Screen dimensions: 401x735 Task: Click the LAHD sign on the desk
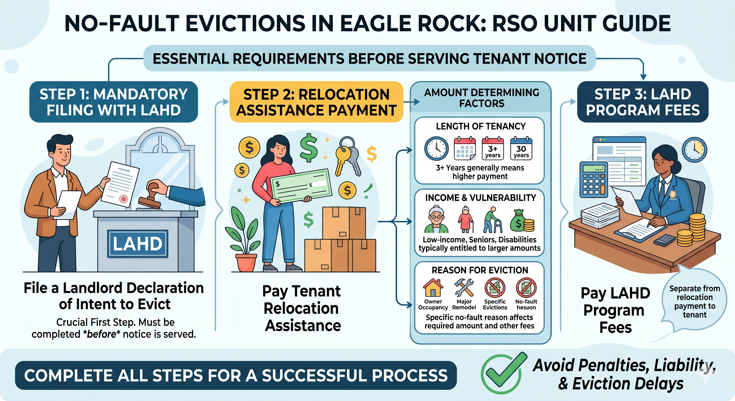pyautogui.click(x=138, y=244)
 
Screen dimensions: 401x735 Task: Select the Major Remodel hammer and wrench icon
pyautogui.click(x=464, y=288)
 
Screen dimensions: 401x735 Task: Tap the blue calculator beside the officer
pyautogui.click(x=594, y=180)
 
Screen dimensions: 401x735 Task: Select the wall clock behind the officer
pyautogui.click(x=694, y=150)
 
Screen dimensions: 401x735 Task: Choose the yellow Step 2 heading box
pyautogui.click(x=316, y=102)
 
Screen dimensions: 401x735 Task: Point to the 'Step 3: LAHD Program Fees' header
pyautogui.click(x=643, y=102)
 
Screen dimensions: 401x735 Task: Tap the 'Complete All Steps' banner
pyautogui.click(x=236, y=375)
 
